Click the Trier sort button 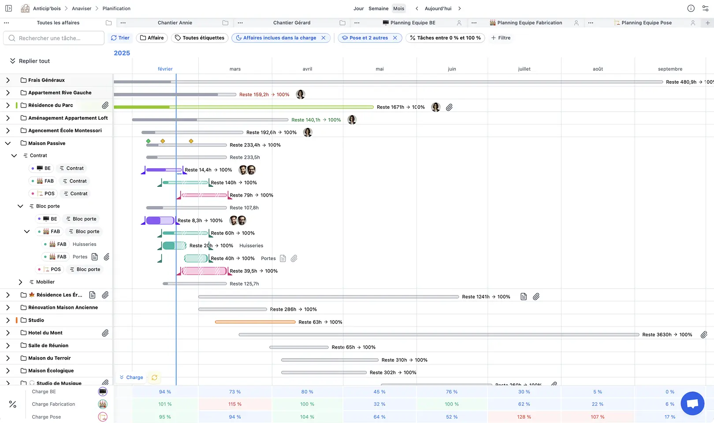120,38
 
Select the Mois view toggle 398,8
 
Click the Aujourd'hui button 438,8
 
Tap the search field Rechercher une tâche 54,38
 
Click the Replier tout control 30,61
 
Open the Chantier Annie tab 175,23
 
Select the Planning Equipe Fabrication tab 529,23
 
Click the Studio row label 36,320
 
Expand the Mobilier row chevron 20,282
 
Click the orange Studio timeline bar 255,322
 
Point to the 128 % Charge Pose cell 524,417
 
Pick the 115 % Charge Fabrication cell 234,404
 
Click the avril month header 307,69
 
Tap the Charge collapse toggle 131,378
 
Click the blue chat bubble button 692,403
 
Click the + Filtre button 501,38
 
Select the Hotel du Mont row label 45,333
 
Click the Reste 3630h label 657,335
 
